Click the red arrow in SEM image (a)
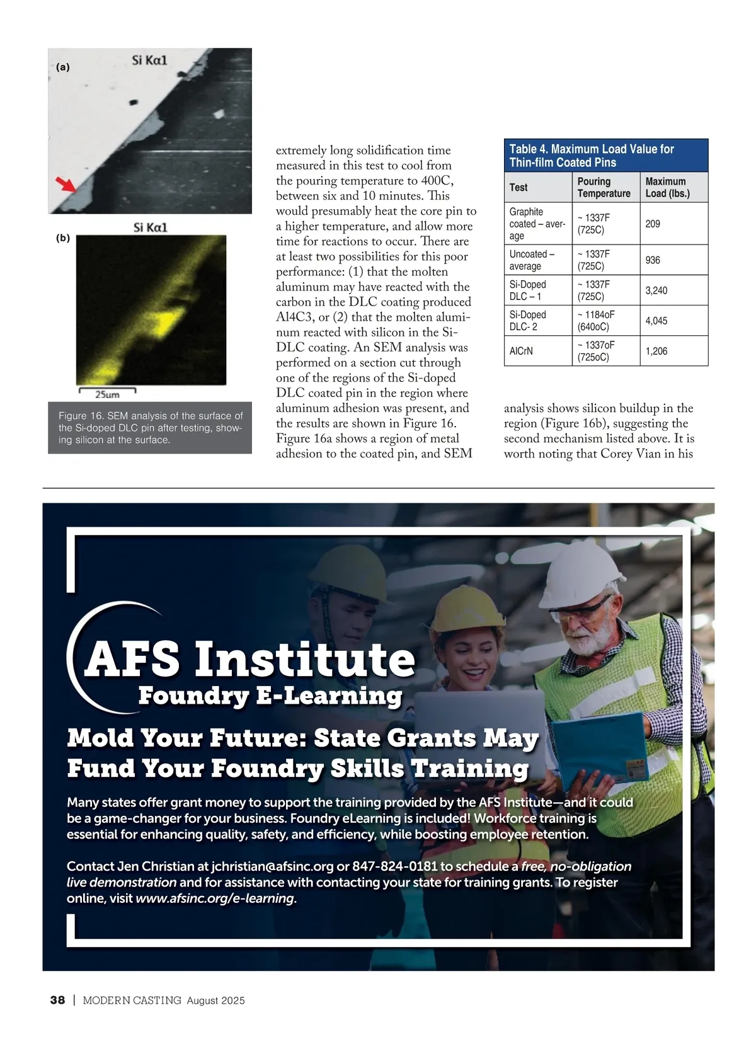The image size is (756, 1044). (64, 184)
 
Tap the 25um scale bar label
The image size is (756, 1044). (107, 395)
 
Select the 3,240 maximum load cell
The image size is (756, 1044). (656, 290)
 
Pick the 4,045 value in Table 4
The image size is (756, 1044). (656, 321)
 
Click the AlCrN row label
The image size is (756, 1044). (521, 351)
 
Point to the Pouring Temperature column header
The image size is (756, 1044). (604, 187)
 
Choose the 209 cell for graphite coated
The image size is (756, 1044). (653, 224)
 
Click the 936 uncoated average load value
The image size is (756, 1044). (653, 260)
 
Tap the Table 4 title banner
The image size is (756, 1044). (605, 156)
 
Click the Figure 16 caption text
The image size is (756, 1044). (150, 428)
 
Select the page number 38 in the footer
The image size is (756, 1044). (57, 1000)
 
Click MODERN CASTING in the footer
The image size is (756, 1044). (132, 1001)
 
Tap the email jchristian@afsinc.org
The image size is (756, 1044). (272, 866)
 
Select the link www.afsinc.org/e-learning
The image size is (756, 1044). (215, 898)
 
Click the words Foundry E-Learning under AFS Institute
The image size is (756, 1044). (270, 696)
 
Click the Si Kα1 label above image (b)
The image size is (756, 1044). (151, 227)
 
